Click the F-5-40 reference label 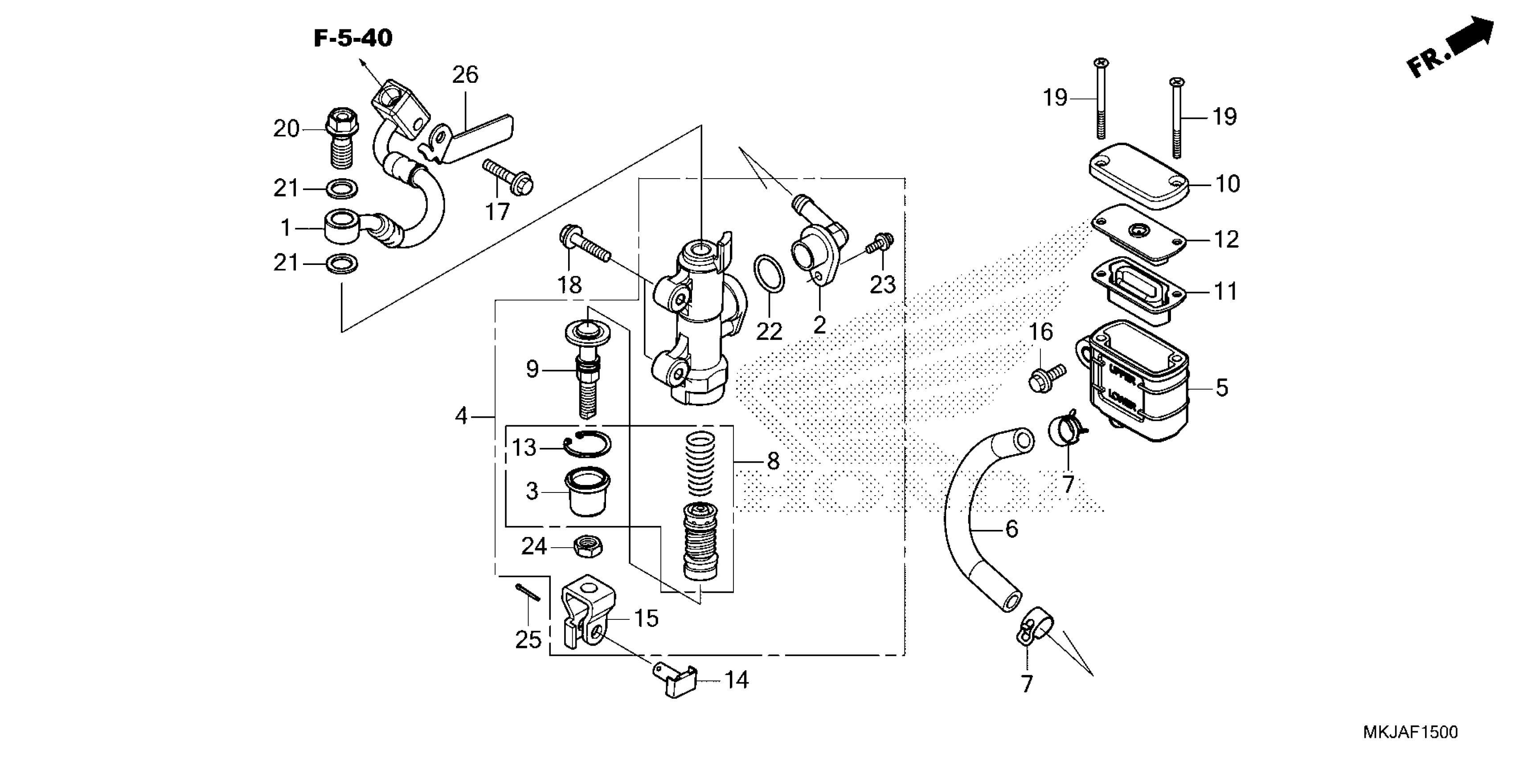(x=353, y=39)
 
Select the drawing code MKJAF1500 (x=1410, y=732)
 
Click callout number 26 (x=465, y=75)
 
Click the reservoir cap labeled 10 (x=1138, y=176)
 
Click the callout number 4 (x=461, y=416)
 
